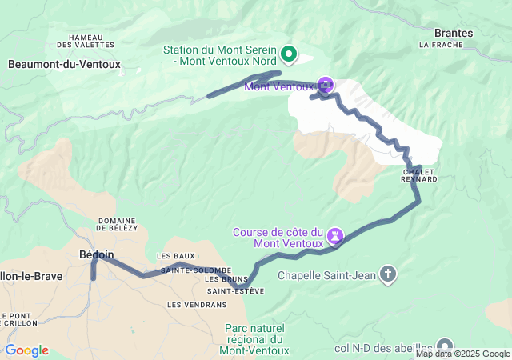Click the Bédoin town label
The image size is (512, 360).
pyautogui.click(x=97, y=254)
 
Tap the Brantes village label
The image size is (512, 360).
pyautogui.click(x=453, y=33)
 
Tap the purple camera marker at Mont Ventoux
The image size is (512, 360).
pyautogui.click(x=326, y=84)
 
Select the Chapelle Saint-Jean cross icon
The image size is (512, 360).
pyautogui.click(x=388, y=275)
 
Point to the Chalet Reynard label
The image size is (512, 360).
pyautogui.click(x=419, y=175)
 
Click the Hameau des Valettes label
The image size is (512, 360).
pyautogui.click(x=90, y=41)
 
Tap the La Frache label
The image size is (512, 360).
pyautogui.click(x=436, y=46)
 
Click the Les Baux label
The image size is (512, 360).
pyautogui.click(x=176, y=256)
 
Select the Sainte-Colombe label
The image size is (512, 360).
pyautogui.click(x=196, y=270)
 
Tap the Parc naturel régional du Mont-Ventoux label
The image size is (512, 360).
pyautogui.click(x=254, y=339)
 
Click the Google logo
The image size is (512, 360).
pyautogui.click(x=26, y=350)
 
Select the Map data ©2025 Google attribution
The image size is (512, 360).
pyautogui.click(x=462, y=354)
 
